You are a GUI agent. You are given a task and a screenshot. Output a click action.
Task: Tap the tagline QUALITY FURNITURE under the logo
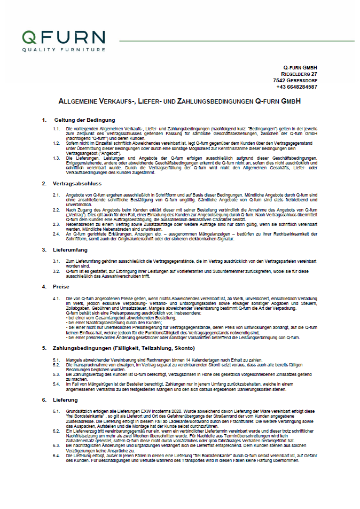point(64,50)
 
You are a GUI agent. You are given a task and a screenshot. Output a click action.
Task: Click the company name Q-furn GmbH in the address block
point(300,66)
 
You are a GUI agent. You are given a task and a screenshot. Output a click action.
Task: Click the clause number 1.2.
point(56,144)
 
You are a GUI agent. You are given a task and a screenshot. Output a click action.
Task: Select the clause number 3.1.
point(56,260)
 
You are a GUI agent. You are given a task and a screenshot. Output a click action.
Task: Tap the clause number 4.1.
point(56,297)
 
